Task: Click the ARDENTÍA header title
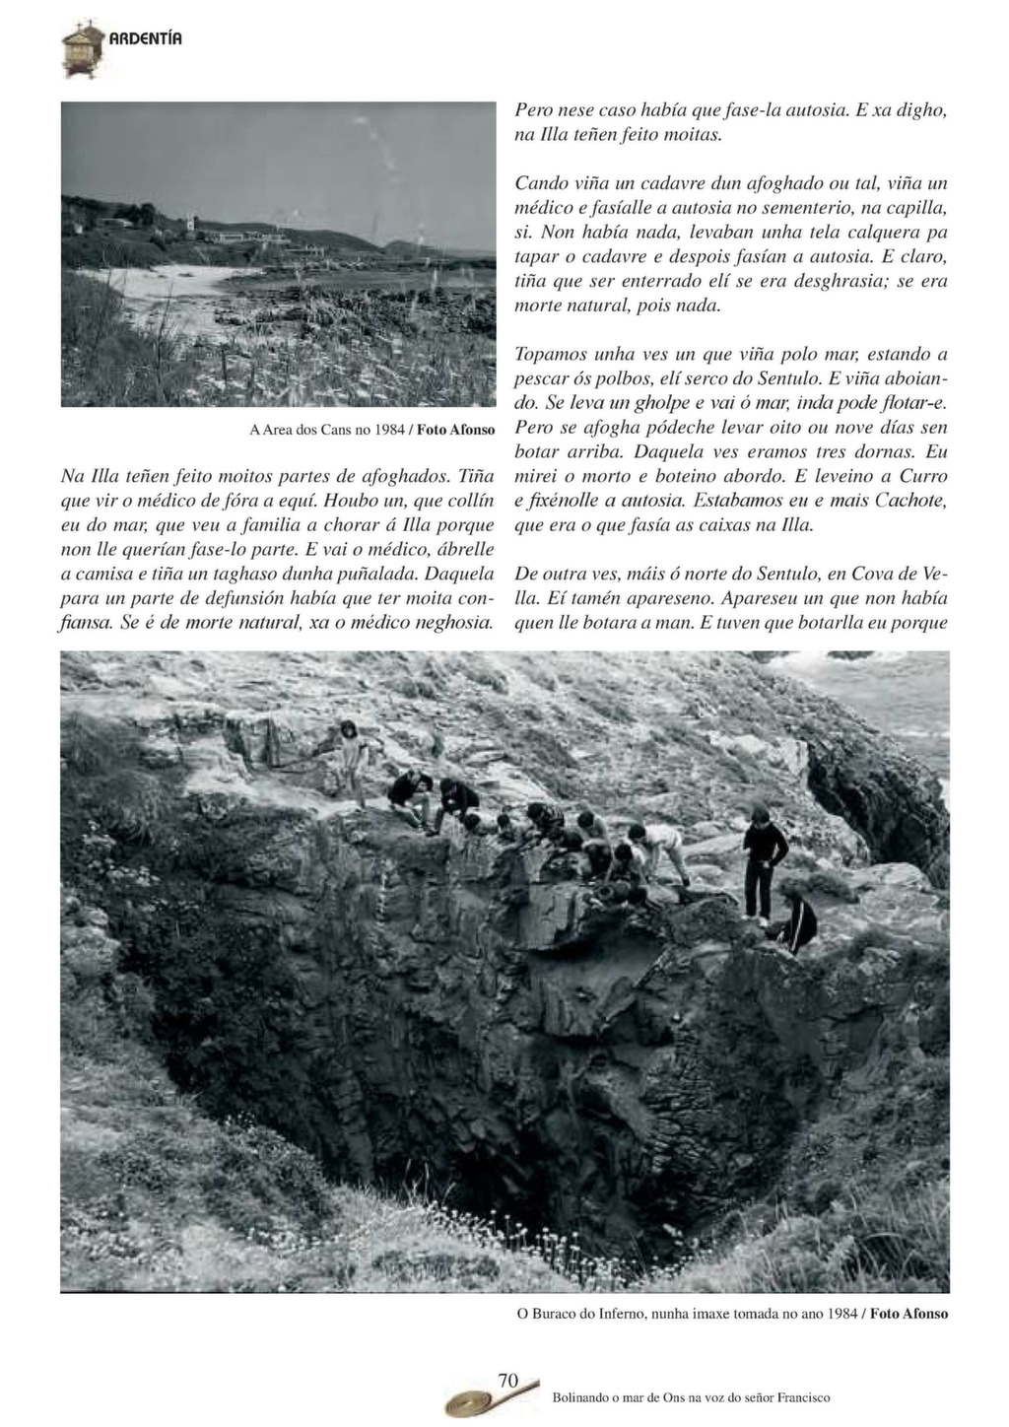(145, 39)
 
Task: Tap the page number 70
(508, 1380)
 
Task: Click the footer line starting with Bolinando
(691, 1397)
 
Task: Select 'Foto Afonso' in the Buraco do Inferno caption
(910, 1314)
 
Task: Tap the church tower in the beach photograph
(188, 225)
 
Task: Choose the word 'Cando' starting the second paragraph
(543, 184)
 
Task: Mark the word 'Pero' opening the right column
(535, 111)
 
